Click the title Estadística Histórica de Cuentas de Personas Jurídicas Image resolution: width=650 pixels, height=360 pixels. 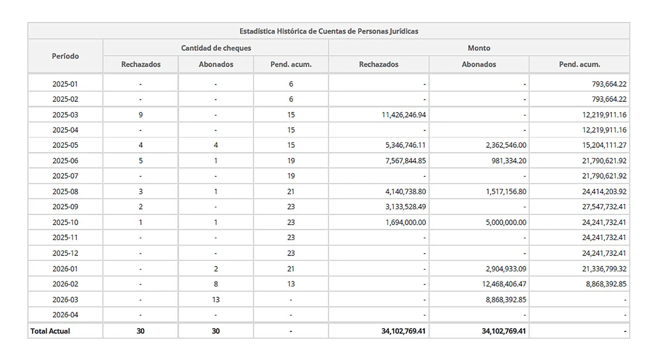[329, 31]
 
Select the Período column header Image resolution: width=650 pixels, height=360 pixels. [66, 56]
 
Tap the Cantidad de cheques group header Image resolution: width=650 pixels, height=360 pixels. [216, 48]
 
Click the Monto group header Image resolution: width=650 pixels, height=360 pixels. [479, 48]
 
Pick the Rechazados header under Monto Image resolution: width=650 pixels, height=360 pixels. [379, 64]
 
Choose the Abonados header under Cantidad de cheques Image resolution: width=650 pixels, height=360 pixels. [216, 64]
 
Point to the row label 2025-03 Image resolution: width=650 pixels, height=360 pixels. [66, 115]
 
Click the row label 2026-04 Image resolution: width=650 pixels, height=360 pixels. [66, 315]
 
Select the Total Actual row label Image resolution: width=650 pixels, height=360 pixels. [50, 331]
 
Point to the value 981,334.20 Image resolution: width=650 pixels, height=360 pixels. [503, 161]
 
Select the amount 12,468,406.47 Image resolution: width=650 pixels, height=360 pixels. [499, 284]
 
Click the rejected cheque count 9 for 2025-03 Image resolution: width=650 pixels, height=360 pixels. [140, 115]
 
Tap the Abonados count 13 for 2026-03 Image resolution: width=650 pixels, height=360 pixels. [216, 299]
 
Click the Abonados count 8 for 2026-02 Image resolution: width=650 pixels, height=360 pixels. [216, 284]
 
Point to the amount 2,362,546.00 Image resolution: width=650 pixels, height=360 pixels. [502, 145]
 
